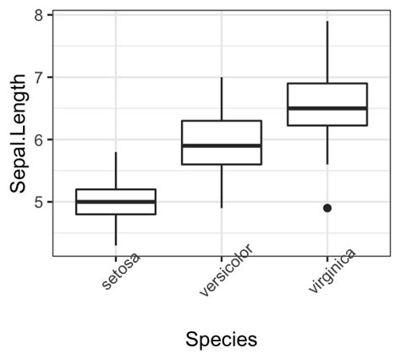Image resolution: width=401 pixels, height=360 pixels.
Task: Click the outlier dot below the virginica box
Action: click(x=327, y=208)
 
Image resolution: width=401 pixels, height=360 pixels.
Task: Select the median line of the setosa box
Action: click(x=116, y=202)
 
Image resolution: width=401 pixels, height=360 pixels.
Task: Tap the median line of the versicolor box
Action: click(x=222, y=145)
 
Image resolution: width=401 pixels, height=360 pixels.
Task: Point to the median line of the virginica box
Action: click(x=327, y=108)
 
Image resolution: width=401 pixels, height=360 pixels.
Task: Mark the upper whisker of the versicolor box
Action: click(x=222, y=99)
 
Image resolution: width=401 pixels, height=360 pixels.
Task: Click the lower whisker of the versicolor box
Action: click(x=222, y=186)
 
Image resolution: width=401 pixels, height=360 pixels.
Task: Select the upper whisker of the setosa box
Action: click(x=116, y=171)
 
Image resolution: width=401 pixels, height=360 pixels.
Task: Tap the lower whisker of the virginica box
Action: click(x=327, y=145)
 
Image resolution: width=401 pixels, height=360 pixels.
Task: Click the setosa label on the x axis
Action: click(x=120, y=274)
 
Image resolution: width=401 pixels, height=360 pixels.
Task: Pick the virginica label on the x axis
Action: click(x=331, y=274)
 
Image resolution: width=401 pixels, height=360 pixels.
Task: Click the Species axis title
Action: click(x=221, y=339)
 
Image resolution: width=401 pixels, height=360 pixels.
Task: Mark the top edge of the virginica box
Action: click(x=327, y=84)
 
